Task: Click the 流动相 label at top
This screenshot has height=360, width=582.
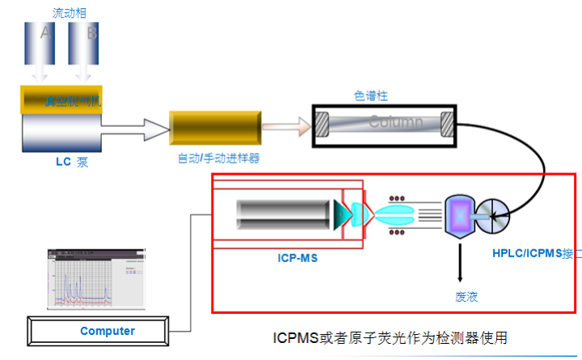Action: tap(68, 12)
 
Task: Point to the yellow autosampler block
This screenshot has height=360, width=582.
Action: tap(214, 126)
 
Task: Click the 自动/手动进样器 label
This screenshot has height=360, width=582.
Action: tap(218, 158)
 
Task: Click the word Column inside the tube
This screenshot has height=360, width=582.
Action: tap(396, 123)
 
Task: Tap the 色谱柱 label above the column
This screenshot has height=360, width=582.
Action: tap(371, 95)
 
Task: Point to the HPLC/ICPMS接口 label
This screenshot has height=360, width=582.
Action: tap(534, 252)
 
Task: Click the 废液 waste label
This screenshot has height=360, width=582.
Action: tap(466, 296)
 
